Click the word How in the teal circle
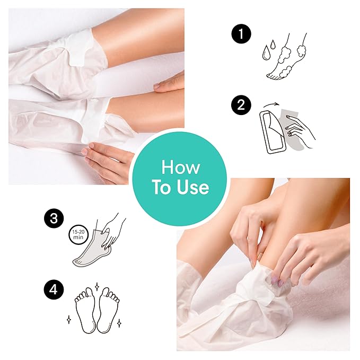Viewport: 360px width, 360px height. coord(181,168)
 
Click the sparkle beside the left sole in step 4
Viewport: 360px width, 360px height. coord(69,320)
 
